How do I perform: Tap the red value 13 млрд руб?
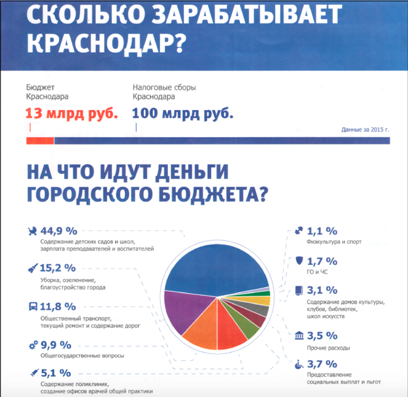pos(71,113)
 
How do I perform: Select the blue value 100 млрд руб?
pos(183,113)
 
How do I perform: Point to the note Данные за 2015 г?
pos(365,129)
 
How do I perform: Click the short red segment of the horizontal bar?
pos(40,141)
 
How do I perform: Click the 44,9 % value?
pos(59,231)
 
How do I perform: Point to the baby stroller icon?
pos(32,231)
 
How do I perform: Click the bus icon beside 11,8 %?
pos(33,306)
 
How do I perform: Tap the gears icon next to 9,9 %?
pos(33,345)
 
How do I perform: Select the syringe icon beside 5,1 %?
pos(35,373)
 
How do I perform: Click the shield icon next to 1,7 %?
pos(299,261)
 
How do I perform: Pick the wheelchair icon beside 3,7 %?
pos(299,364)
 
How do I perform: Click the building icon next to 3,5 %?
pos(299,335)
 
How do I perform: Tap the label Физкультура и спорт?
pos(334,242)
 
